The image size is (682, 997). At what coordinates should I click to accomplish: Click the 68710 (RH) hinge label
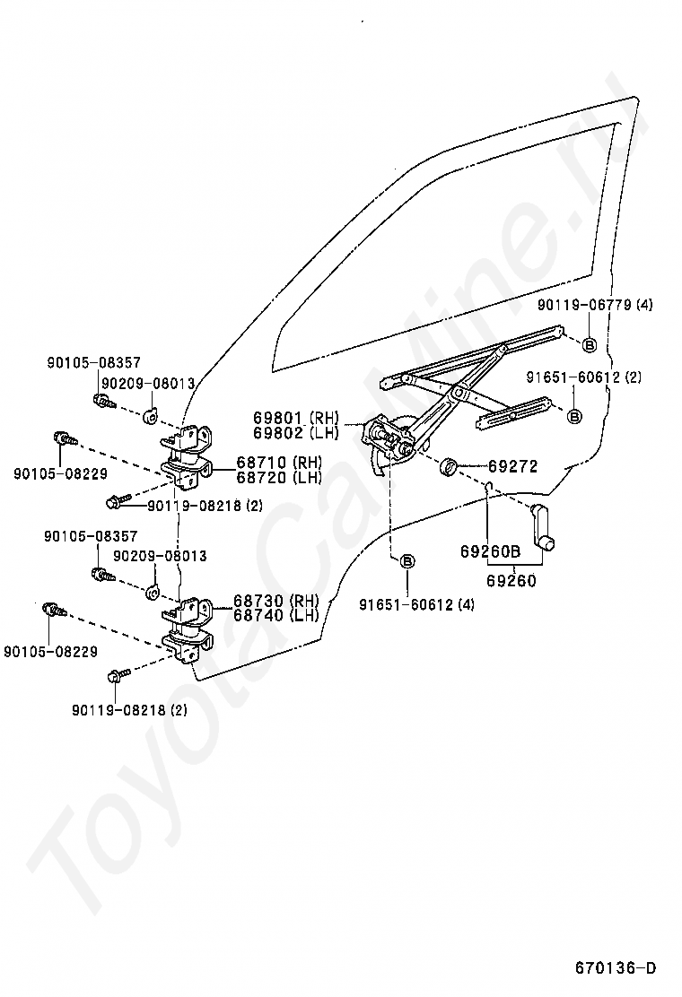tap(279, 463)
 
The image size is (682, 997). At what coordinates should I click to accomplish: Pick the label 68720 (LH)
tap(279, 477)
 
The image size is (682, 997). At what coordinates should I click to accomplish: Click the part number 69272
tap(513, 466)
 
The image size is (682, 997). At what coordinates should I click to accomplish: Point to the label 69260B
tap(491, 552)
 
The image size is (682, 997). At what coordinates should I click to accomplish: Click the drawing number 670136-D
tap(616, 967)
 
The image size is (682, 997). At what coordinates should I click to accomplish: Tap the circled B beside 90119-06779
tap(590, 344)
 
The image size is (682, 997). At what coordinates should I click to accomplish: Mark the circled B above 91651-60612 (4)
tap(407, 561)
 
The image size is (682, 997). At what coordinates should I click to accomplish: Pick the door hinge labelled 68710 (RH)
tap(190, 457)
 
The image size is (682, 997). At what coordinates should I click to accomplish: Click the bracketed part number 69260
tap(511, 580)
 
